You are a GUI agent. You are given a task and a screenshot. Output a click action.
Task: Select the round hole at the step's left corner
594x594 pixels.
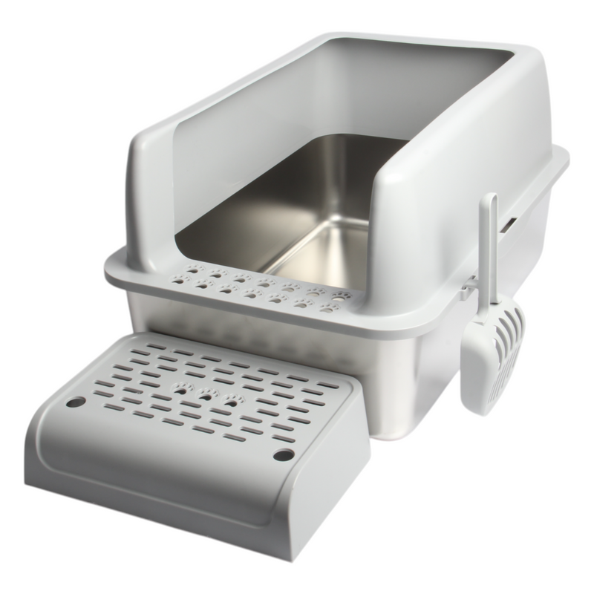pyautogui.click(x=76, y=402)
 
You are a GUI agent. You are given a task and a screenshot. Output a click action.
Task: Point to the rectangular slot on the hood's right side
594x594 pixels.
pyautogui.click(x=512, y=221)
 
